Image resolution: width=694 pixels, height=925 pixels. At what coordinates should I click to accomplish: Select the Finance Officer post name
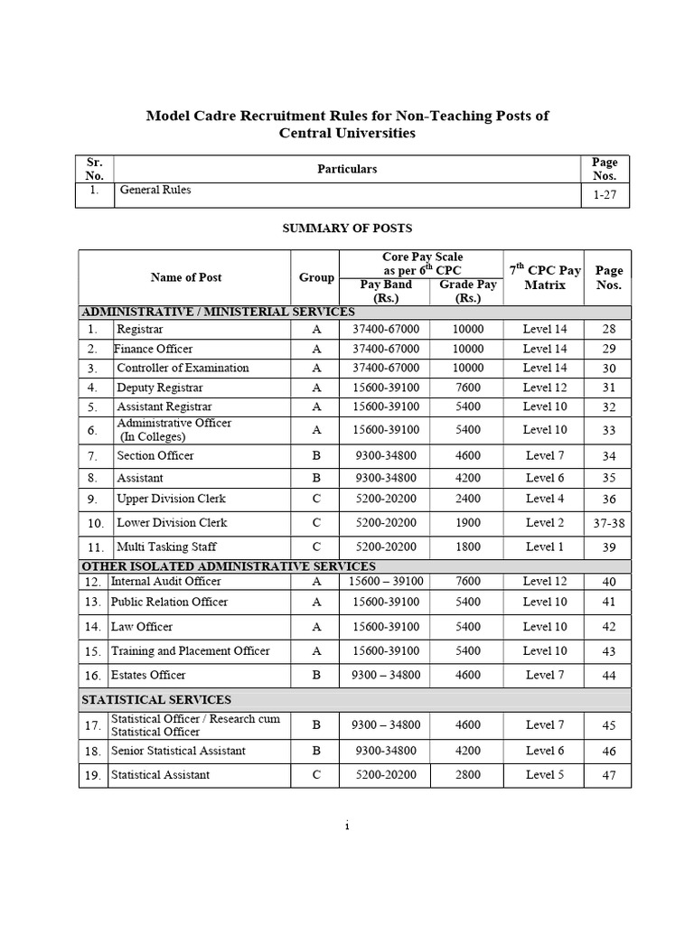click(x=154, y=349)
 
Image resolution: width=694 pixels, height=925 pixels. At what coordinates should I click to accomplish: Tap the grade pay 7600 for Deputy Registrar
click(x=468, y=388)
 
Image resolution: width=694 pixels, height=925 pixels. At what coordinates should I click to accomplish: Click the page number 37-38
click(x=608, y=523)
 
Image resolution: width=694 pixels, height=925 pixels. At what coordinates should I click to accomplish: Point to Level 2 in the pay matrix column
click(x=545, y=522)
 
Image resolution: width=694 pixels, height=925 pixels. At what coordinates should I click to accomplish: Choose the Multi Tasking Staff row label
click(x=166, y=547)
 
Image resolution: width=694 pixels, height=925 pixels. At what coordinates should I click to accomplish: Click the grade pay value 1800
click(x=468, y=547)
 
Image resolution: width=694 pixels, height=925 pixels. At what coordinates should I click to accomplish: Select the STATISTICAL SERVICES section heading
click(x=156, y=699)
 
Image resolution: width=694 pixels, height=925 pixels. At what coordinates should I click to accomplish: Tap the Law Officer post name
click(x=142, y=626)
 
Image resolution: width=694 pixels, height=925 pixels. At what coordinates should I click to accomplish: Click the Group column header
click(x=316, y=277)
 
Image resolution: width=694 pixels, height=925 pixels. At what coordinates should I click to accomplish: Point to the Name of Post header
click(x=185, y=277)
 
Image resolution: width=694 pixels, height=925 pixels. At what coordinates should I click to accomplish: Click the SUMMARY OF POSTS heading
click(x=348, y=229)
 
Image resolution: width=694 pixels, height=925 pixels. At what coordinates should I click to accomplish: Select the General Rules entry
click(x=154, y=191)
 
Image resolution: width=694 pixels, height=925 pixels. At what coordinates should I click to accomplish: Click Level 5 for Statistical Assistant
click(x=545, y=774)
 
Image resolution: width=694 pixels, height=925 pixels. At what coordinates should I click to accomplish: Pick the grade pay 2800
click(x=468, y=774)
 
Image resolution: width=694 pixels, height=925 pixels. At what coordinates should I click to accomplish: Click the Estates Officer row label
click(x=148, y=675)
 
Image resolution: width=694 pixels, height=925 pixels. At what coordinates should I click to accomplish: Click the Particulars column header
click(x=348, y=169)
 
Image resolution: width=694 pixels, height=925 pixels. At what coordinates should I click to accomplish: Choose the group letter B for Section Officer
click(x=316, y=455)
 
